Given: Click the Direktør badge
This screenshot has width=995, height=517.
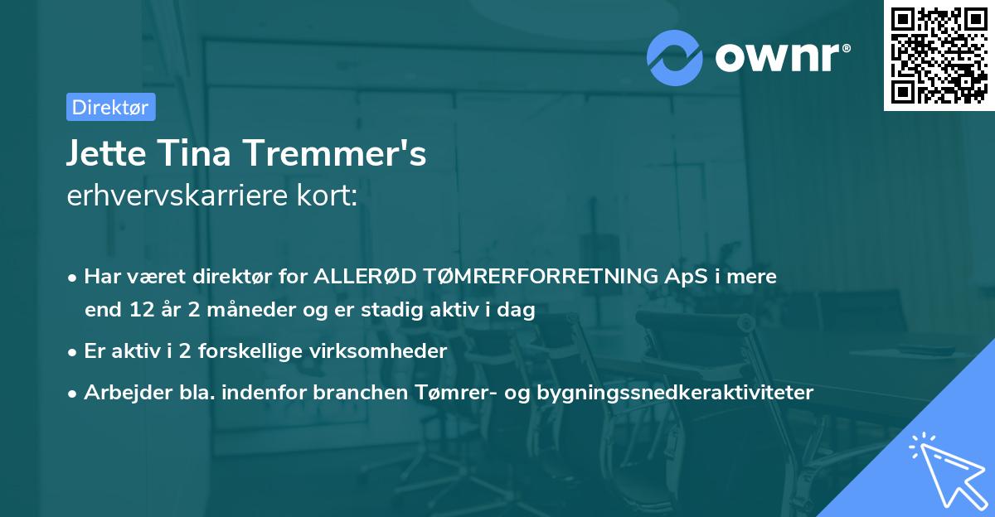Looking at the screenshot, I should [110, 107].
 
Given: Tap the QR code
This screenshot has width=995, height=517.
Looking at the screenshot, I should [938, 55].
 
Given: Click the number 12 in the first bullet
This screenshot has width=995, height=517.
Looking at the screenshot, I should [139, 311].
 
